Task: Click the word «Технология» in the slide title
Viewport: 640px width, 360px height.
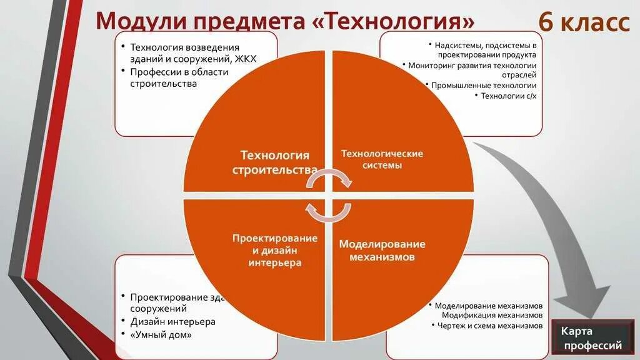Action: pos(392,22)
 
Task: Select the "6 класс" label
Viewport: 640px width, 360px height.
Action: pos(584,23)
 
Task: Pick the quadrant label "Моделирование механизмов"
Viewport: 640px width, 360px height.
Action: pos(382,250)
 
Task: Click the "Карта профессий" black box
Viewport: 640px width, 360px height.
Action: pos(591,337)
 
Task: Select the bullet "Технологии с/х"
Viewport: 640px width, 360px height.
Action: pos(508,96)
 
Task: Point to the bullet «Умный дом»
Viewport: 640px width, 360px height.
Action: pos(161,334)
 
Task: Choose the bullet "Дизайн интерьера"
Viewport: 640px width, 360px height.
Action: pos(172,321)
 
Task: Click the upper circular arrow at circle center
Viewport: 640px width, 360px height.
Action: pos(329,180)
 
